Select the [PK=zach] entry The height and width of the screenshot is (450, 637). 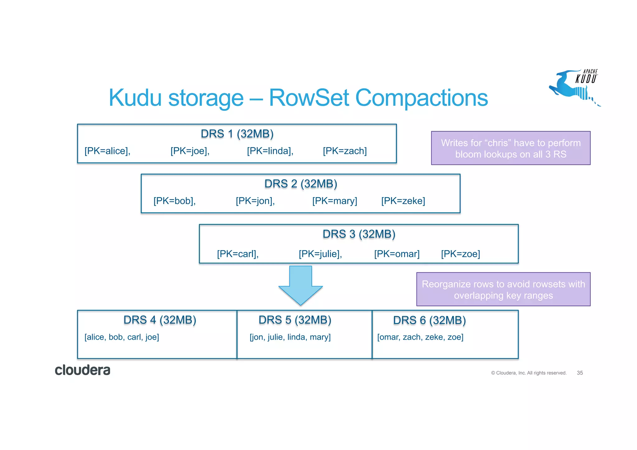click(x=345, y=151)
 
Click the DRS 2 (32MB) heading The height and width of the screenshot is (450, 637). click(x=301, y=184)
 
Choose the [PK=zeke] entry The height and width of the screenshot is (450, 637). click(x=403, y=201)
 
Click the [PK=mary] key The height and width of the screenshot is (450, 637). click(x=335, y=201)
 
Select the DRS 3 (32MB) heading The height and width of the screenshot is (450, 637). click(x=359, y=234)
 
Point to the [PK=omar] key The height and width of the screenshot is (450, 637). click(x=397, y=254)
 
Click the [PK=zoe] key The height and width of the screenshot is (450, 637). click(x=460, y=254)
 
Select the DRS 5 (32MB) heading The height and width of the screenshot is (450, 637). click(x=295, y=320)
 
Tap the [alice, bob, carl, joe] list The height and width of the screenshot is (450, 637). click(x=122, y=337)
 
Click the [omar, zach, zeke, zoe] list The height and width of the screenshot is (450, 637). click(x=420, y=337)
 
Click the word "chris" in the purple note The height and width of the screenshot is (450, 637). click(x=499, y=143)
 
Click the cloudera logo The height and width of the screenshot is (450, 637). click(x=82, y=370)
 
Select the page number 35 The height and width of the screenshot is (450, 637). click(x=580, y=373)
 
